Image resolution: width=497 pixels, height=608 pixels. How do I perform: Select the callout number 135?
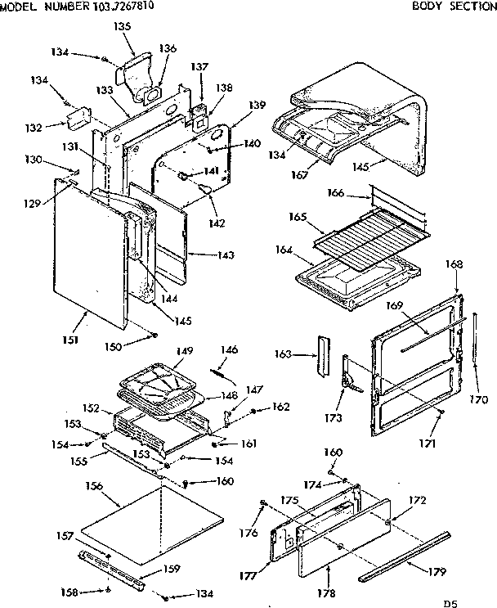[122, 26]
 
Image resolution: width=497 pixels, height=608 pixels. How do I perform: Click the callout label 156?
[94, 486]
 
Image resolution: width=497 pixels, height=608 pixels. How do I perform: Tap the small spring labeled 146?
[222, 373]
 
